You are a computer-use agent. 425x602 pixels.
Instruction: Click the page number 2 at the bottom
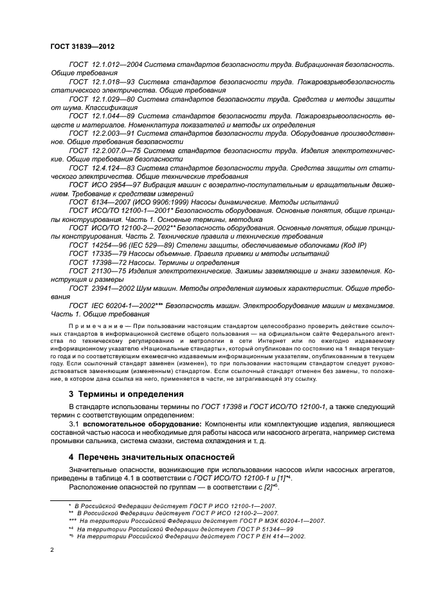[54, 551]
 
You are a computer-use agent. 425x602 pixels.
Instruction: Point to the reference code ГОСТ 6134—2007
[96, 201]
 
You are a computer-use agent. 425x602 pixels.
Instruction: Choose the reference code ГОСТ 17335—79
[95, 254]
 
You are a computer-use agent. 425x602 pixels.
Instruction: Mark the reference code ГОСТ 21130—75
[95, 272]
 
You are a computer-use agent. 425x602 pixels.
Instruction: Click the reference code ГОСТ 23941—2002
[98, 289]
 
